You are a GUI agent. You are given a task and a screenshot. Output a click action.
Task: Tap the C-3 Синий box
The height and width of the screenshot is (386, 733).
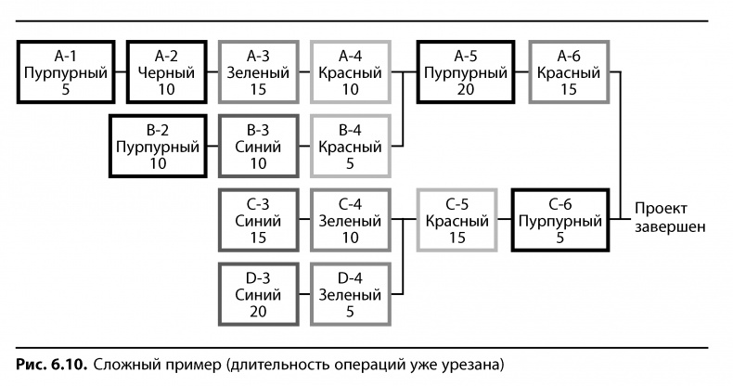pyautogui.click(x=256, y=220)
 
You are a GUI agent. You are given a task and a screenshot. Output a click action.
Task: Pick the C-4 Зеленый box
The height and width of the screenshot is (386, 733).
pyautogui.click(x=349, y=220)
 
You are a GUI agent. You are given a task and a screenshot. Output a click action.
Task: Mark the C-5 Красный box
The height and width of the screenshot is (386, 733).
pyautogui.click(x=456, y=220)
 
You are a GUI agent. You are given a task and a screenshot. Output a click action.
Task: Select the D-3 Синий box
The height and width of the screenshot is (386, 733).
pyautogui.click(x=256, y=294)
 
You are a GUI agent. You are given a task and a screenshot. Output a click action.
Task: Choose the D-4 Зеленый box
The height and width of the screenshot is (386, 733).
pyautogui.click(x=349, y=294)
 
